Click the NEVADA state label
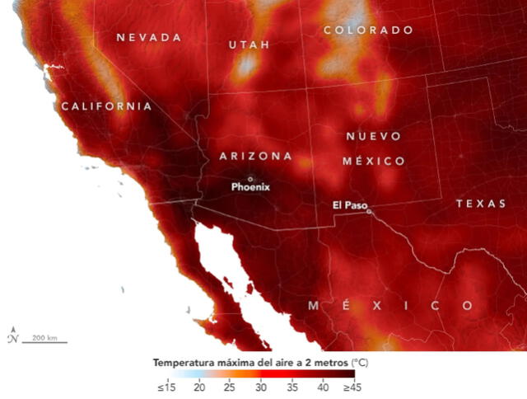point(148,38)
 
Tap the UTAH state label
point(249,45)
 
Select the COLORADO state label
point(368,30)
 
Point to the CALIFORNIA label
point(106,106)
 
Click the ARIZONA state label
point(255,156)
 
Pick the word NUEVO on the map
point(373,136)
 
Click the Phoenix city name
point(250,187)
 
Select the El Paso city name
point(349,204)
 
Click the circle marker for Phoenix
point(250,178)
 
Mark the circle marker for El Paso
point(369,211)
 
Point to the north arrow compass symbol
point(12,336)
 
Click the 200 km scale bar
point(44,340)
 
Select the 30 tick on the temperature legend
point(260,387)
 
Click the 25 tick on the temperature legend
point(230,387)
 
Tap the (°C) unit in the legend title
point(362,362)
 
